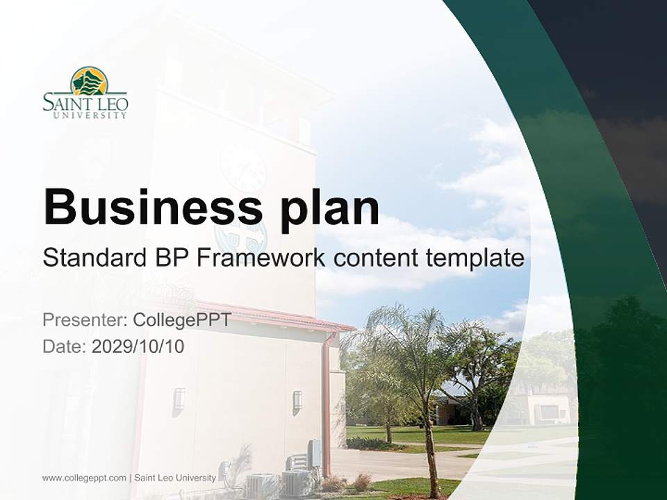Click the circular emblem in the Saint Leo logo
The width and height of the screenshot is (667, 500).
(88, 81)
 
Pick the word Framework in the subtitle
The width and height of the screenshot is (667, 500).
(261, 258)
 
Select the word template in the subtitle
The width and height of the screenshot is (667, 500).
(475, 258)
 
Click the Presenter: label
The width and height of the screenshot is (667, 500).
(84, 320)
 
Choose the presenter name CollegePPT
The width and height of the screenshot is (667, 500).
(181, 320)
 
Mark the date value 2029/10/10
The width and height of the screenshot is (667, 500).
(138, 346)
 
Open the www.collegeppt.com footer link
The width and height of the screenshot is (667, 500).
(84, 478)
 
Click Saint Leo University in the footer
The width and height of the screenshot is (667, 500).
(175, 478)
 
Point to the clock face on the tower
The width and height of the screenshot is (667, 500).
(242, 168)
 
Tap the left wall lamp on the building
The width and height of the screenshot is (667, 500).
(179, 399)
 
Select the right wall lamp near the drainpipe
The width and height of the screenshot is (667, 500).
(297, 400)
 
